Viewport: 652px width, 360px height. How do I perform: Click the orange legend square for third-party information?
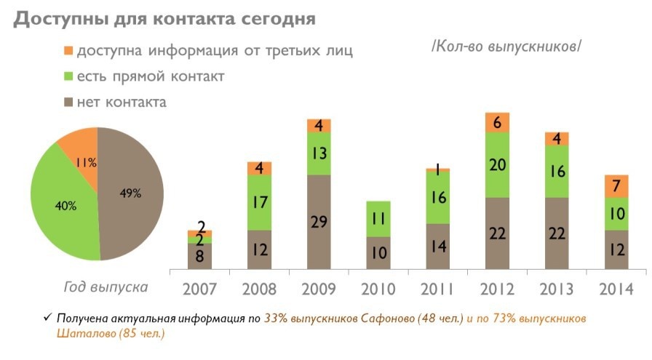[x=68, y=51]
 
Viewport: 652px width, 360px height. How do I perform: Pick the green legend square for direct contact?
[x=68, y=76]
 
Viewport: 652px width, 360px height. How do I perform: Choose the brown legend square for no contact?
[x=68, y=102]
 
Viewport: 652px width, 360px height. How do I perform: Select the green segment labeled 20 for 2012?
[x=497, y=165]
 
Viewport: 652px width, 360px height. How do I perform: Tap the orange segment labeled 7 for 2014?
[x=616, y=186]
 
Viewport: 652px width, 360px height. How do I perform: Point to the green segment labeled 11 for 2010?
[x=378, y=218]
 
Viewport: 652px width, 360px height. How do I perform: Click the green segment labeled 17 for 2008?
[x=258, y=203]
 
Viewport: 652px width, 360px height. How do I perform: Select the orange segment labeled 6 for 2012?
[x=497, y=123]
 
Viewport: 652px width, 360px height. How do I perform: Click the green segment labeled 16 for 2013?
[x=557, y=172]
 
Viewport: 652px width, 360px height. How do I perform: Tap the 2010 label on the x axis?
[x=378, y=288]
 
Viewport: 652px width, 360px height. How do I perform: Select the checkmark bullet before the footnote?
[x=47, y=319]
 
